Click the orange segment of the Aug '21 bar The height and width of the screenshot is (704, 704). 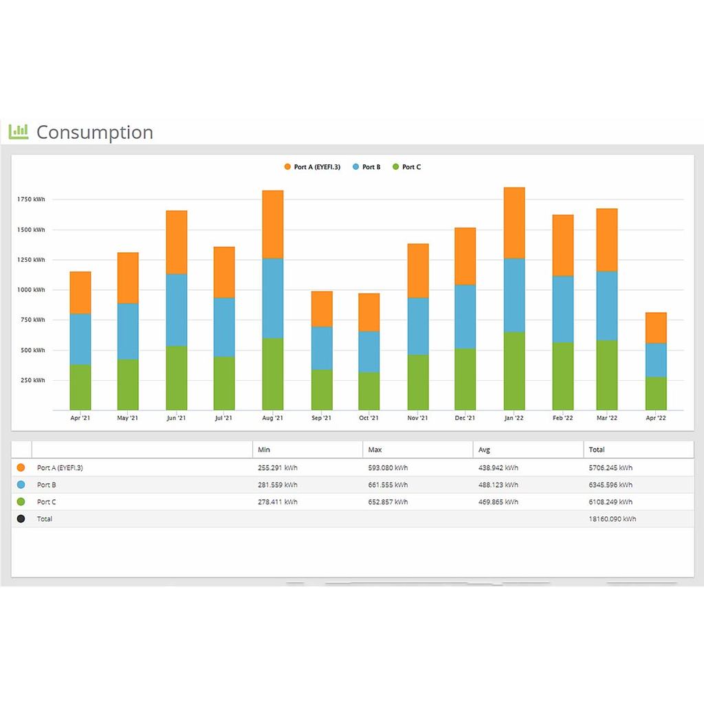pyautogui.click(x=272, y=224)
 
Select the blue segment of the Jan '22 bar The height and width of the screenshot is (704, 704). pyautogui.click(x=514, y=295)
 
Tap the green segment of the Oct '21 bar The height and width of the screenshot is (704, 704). pyautogui.click(x=368, y=390)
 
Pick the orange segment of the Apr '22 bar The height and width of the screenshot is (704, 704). pyautogui.click(x=656, y=328)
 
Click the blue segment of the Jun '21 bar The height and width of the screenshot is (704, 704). pyautogui.click(x=176, y=309)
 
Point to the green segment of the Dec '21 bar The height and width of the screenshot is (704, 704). pyautogui.click(x=465, y=379)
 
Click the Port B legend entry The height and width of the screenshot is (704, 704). pyautogui.click(x=366, y=167)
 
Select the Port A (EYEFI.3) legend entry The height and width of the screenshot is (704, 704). pyautogui.click(x=312, y=167)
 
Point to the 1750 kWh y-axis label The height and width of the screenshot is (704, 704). pyautogui.click(x=32, y=199)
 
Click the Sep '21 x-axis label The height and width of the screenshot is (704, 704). pyautogui.click(x=321, y=417)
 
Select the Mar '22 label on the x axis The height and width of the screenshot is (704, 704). pyautogui.click(x=607, y=417)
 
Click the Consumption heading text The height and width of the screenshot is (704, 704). pyautogui.click(x=94, y=132)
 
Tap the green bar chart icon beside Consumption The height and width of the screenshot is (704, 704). pyautogui.click(x=19, y=131)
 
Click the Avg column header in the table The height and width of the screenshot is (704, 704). pyautogui.click(x=485, y=450)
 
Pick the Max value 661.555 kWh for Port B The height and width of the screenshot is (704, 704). pyautogui.click(x=388, y=485)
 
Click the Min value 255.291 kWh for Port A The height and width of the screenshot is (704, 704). pyautogui.click(x=277, y=467)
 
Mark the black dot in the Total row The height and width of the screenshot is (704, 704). pyautogui.click(x=21, y=519)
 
